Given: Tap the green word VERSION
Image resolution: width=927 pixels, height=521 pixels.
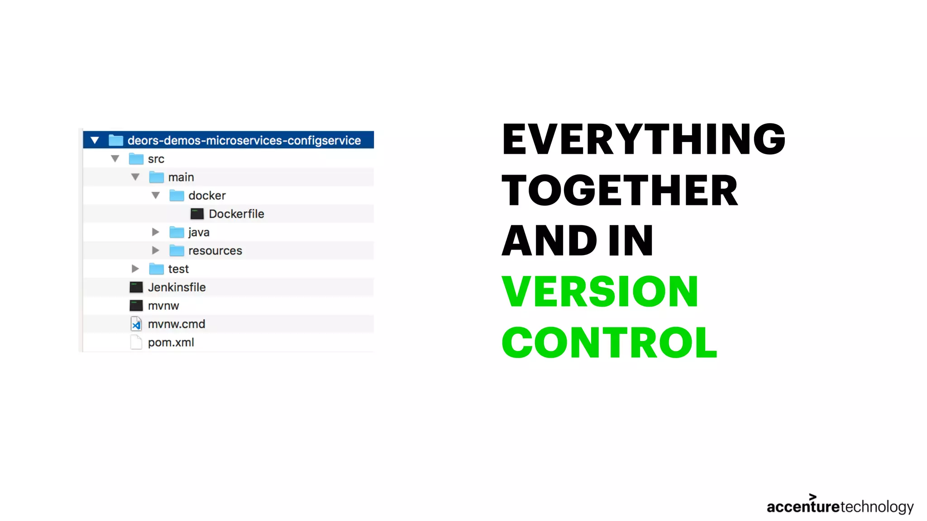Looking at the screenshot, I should [600, 292].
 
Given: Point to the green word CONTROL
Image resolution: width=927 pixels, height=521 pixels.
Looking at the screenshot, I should [609, 343].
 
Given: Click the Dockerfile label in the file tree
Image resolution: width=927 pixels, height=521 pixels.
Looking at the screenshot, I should [236, 214].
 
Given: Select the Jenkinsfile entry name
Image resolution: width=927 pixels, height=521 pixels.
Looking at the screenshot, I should [177, 287].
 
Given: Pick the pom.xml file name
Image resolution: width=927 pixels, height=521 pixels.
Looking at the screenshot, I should [171, 342].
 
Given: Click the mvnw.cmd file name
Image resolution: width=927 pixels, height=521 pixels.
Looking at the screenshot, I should [176, 324].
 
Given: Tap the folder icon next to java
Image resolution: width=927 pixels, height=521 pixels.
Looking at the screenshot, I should [177, 232].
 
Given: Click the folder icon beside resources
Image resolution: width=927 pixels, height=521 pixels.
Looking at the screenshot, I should [177, 251].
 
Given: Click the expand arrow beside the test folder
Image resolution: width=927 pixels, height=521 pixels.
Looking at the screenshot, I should [135, 269].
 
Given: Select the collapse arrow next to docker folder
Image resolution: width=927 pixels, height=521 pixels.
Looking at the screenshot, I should [155, 195].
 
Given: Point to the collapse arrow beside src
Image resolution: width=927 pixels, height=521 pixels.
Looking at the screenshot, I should [115, 159].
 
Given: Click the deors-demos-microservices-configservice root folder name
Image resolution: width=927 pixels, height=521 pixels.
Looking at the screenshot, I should [244, 141].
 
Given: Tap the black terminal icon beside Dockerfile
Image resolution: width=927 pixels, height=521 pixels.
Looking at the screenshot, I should [197, 214].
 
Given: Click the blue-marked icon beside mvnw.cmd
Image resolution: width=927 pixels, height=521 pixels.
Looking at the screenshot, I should [136, 324].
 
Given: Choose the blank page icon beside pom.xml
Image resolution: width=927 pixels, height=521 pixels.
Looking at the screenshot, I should [136, 342].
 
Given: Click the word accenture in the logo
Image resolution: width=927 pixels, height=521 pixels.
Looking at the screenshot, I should [803, 507].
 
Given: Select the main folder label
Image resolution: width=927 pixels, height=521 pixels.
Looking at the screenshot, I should [181, 177].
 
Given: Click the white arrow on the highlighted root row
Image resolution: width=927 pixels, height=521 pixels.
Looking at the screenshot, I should [95, 140].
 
